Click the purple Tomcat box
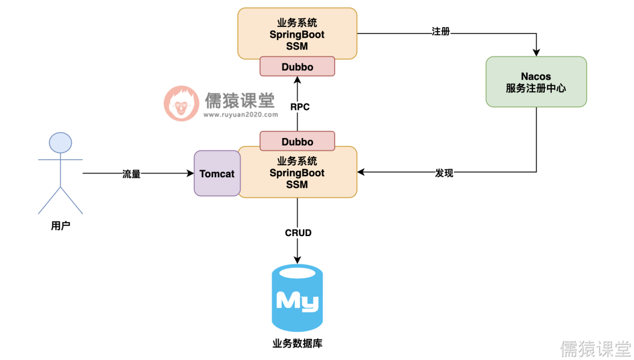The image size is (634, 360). (217, 174)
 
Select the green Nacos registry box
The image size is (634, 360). (536, 82)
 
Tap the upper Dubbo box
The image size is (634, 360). (297, 67)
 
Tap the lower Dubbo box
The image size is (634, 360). (297, 142)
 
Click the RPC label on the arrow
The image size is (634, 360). (299, 107)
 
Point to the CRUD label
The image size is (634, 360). (298, 233)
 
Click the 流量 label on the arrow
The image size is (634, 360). (131, 174)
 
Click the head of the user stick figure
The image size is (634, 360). (60, 143)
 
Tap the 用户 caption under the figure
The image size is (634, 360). (60, 226)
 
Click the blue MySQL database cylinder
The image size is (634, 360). (297, 298)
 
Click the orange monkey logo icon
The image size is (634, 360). (181, 103)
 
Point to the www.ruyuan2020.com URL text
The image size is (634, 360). (241, 115)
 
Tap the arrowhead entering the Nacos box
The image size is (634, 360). (536, 52)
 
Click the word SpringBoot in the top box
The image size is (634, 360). (297, 35)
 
